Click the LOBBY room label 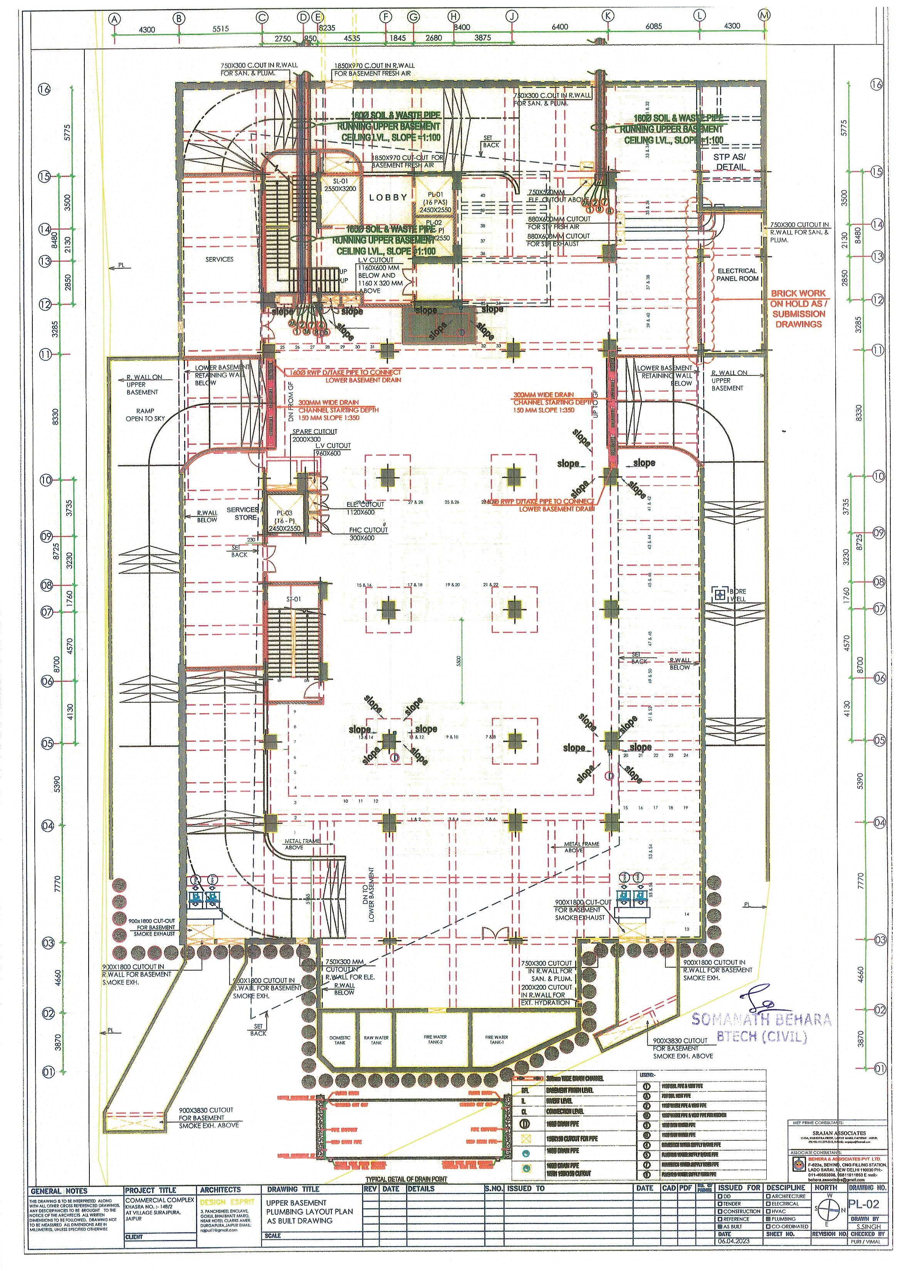[x=388, y=197]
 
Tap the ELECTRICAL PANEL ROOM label [x=737, y=274]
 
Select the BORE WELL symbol [x=720, y=595]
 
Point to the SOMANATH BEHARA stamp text [x=761, y=1019]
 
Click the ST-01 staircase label [x=293, y=599]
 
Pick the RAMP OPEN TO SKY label [x=141, y=415]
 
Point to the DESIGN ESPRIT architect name [x=228, y=1202]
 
